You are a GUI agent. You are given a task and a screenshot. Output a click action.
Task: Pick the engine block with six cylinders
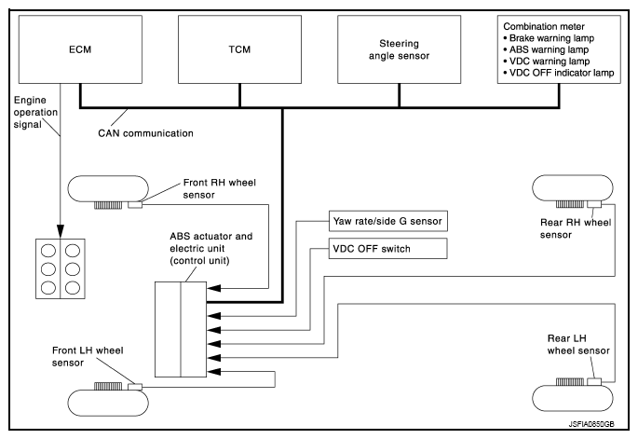tap(60, 268)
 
